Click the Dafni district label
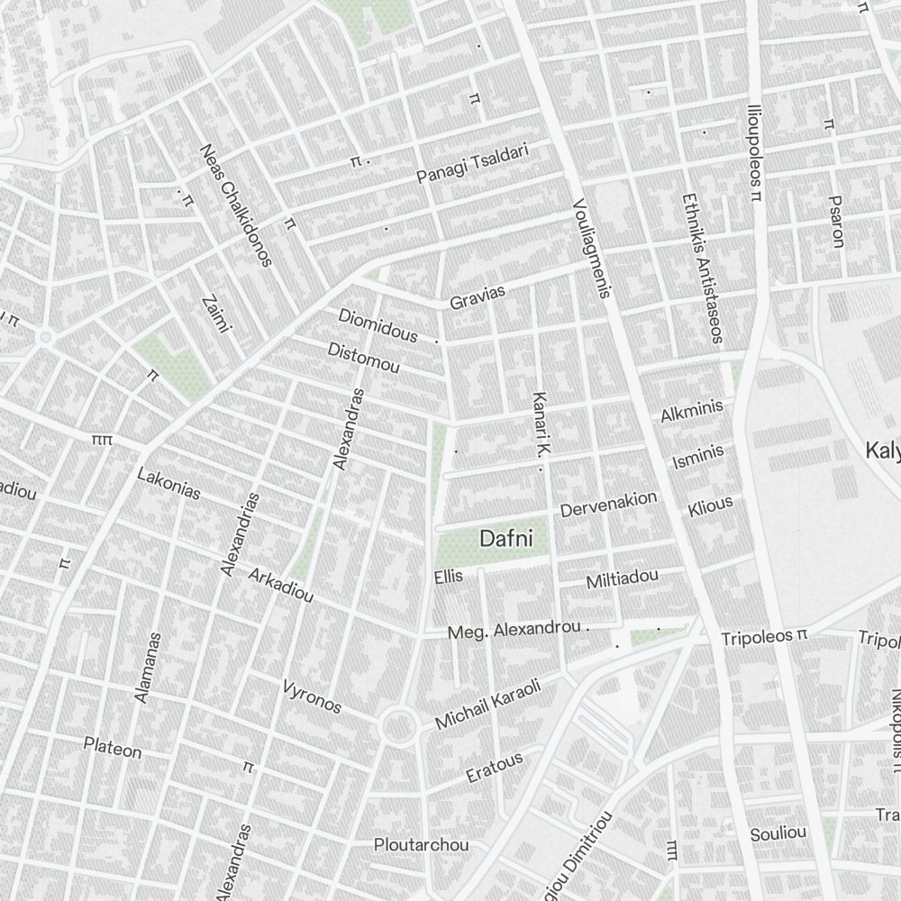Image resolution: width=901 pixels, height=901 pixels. tap(506, 539)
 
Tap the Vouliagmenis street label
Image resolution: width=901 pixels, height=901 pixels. tap(592, 249)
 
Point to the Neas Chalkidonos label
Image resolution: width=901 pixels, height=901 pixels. tap(236, 206)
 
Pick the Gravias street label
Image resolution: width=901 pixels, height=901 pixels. tap(478, 297)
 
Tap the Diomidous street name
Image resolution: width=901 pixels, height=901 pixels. tap(378, 325)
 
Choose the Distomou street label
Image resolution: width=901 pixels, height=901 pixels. tap(363, 358)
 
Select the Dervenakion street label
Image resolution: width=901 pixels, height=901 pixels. tap(608, 505)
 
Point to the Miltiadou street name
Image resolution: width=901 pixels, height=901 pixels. tap(622, 578)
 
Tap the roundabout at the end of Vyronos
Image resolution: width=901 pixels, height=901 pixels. tap(397, 725)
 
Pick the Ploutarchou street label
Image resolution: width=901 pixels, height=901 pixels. tap(422, 845)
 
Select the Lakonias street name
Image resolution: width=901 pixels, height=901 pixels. tap(168, 484)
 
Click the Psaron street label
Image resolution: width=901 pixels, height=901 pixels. tap(836, 222)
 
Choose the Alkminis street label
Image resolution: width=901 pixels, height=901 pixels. tap(692, 412)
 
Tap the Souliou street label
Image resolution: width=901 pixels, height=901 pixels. tap(778, 833)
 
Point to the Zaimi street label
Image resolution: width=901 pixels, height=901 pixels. tap(216, 314)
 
